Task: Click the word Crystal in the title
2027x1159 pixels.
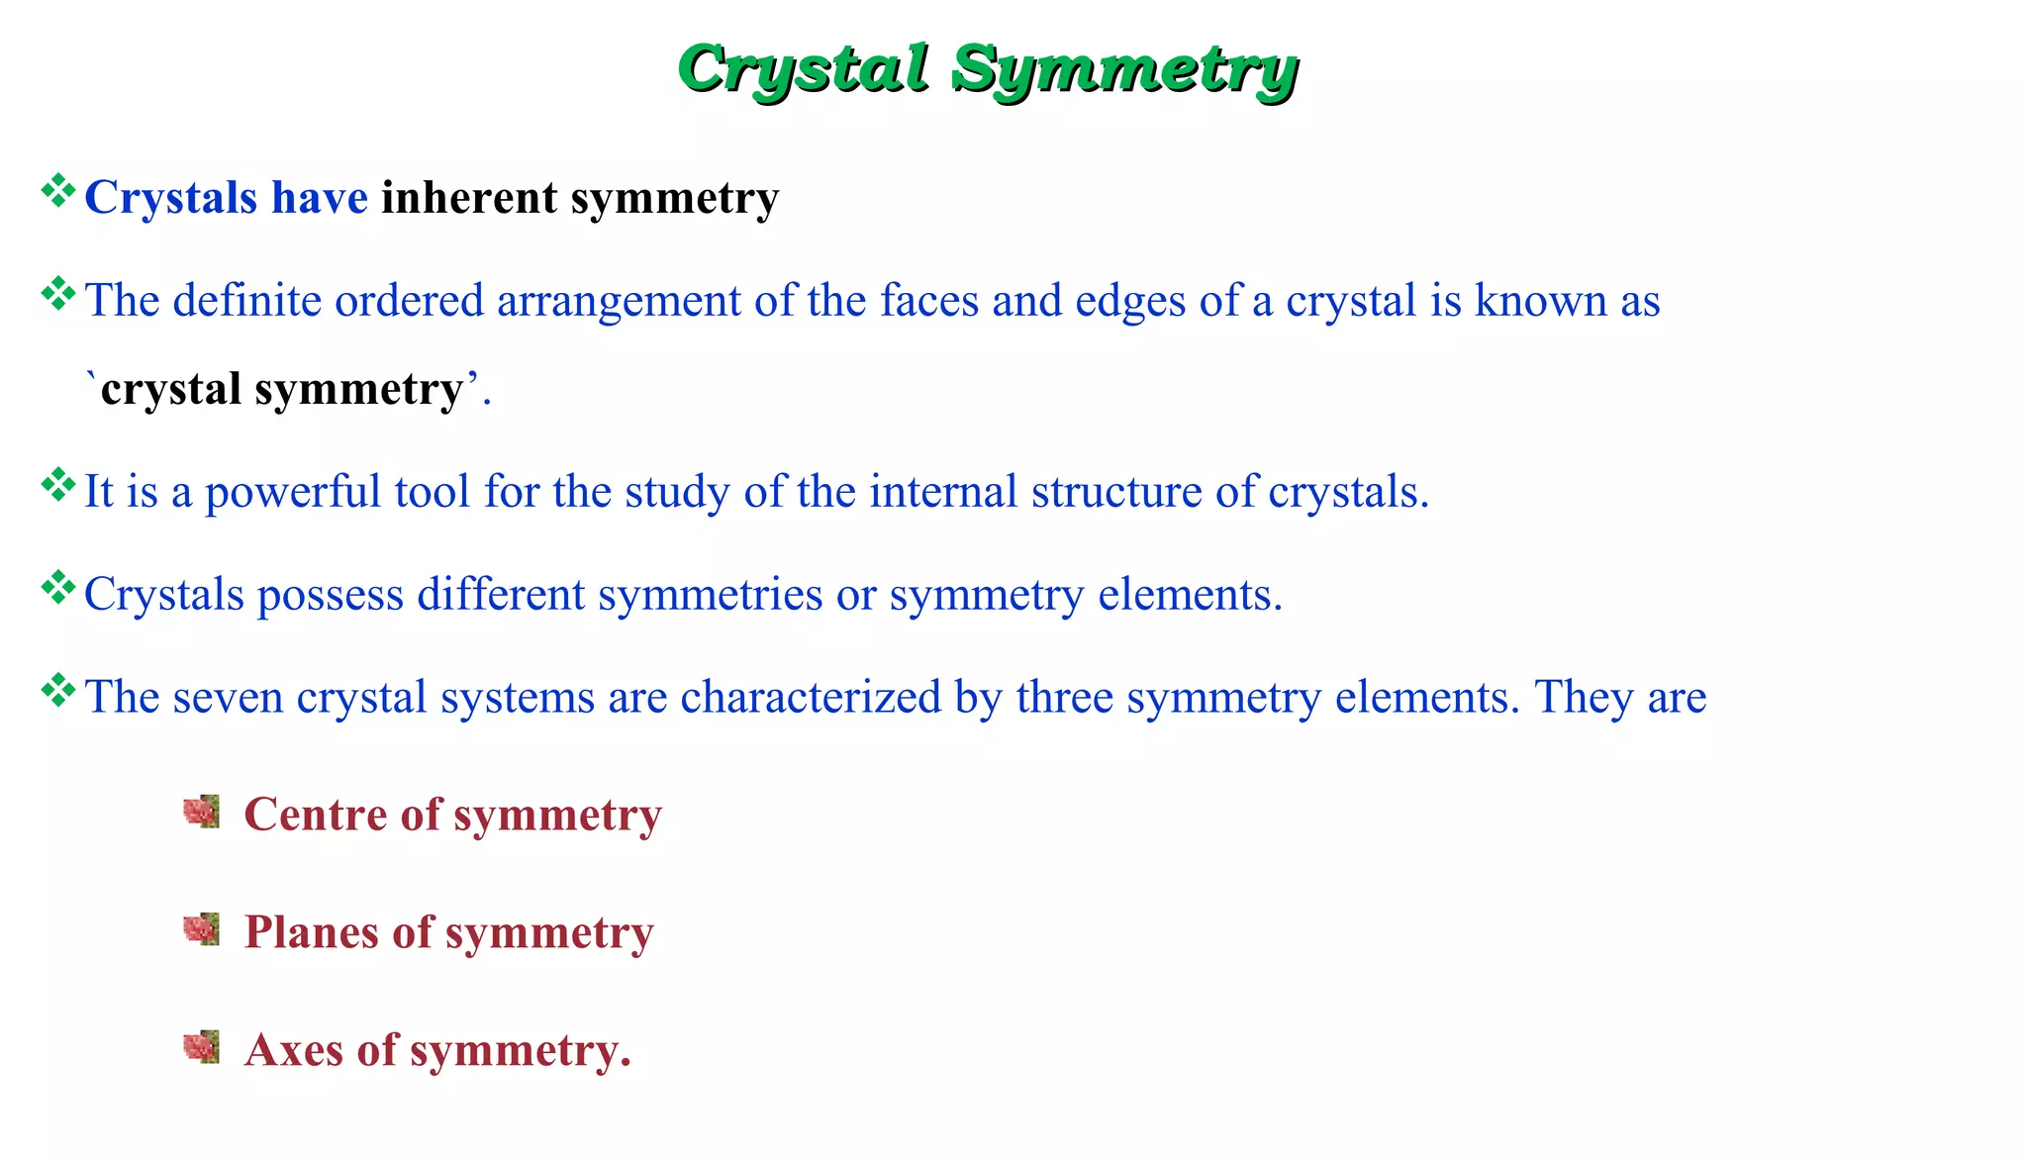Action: coord(804,69)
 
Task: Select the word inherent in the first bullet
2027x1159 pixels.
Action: coord(469,197)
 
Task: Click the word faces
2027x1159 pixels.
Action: coord(929,301)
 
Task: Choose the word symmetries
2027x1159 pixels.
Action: coord(710,595)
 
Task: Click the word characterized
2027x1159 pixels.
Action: coord(811,698)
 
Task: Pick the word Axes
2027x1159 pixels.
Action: coord(294,1050)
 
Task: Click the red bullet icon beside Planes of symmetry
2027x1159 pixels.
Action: coord(202,929)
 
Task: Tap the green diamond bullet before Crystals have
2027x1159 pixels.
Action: coord(58,190)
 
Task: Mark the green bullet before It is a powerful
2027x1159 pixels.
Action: coord(58,485)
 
